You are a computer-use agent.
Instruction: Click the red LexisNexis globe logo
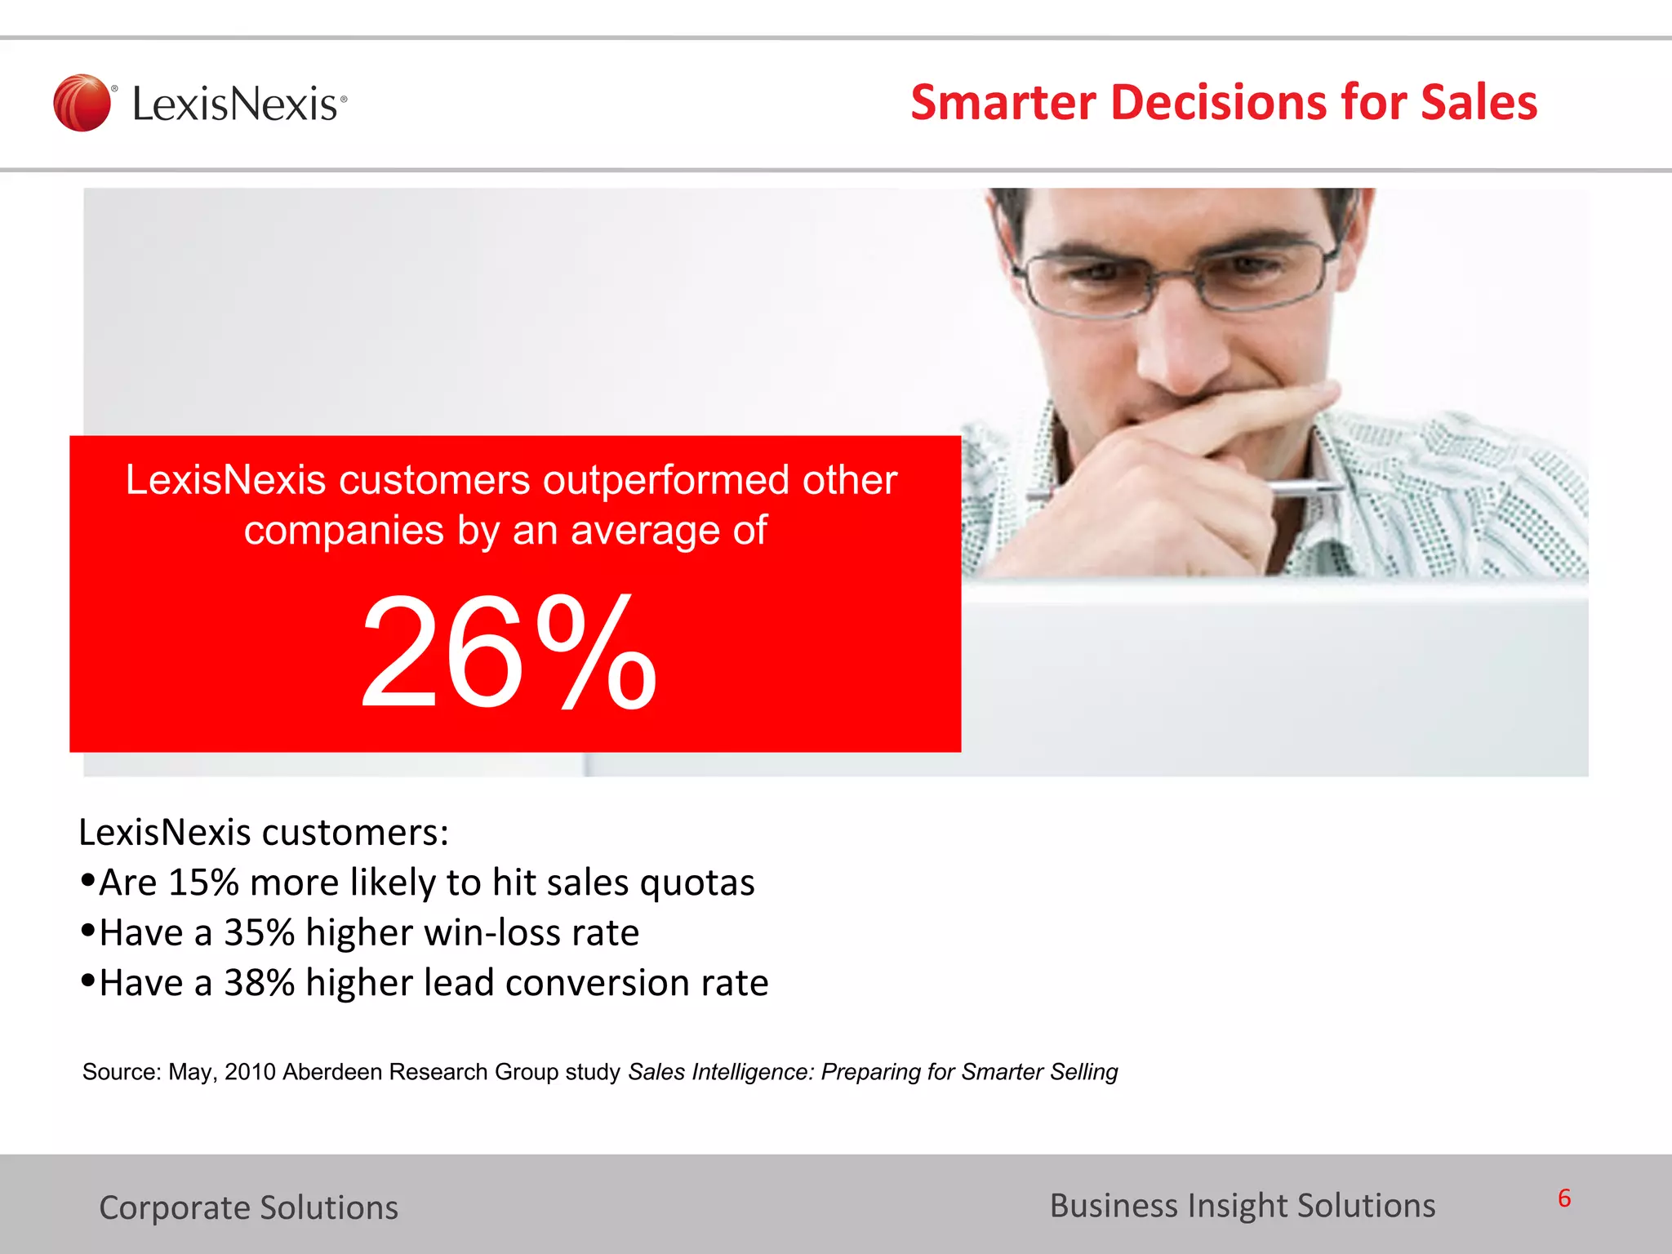pos(82,103)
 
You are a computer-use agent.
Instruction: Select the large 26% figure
pos(508,653)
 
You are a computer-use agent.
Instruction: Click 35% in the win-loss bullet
pos(259,933)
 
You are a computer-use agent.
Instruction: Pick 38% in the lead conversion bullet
pos(259,983)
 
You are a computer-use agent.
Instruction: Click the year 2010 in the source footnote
pos(250,1072)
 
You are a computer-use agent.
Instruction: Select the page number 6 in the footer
pos(1564,1198)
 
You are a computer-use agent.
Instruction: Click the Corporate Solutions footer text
pos(248,1207)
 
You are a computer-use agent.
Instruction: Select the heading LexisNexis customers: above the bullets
pos(264,833)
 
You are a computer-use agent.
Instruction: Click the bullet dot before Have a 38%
pos(88,980)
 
